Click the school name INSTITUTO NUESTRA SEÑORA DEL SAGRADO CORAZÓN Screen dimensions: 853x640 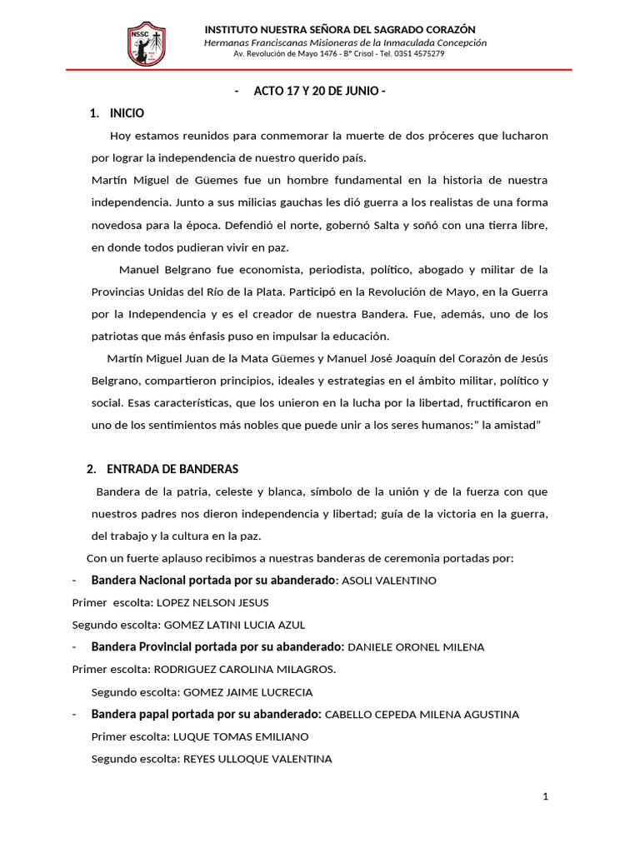pos(346,30)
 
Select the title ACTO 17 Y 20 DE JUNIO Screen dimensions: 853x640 pos(320,92)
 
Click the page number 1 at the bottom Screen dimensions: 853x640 pos(545,797)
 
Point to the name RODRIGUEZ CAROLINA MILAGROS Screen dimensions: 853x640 pos(242,669)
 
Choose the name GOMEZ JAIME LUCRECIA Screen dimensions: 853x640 pos(248,692)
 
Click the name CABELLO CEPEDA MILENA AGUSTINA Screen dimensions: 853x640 pos(422,715)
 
